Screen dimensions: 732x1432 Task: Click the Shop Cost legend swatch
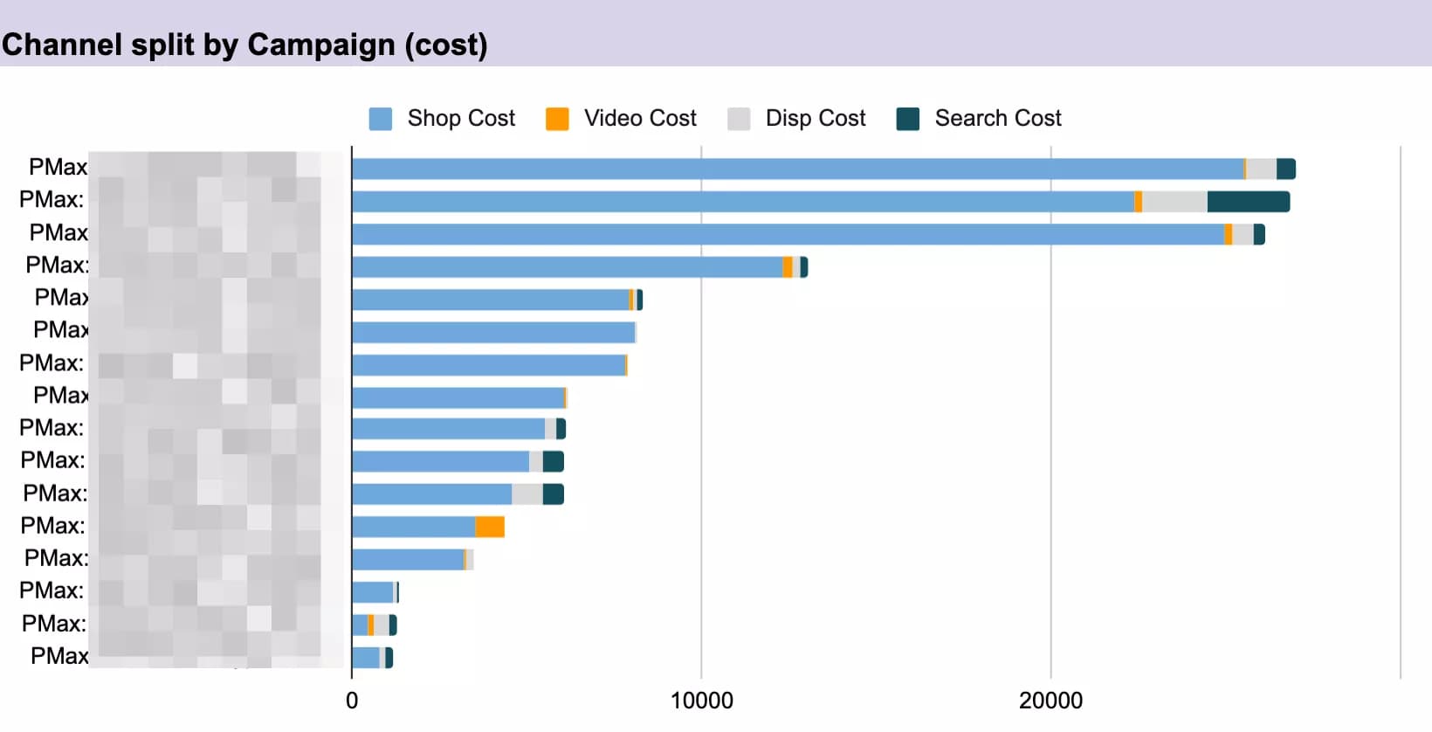(x=380, y=119)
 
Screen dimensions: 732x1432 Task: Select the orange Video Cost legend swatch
(x=557, y=119)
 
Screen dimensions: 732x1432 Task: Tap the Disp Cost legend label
(x=815, y=118)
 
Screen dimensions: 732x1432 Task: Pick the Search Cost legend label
(x=997, y=118)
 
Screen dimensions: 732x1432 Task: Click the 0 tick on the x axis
(x=352, y=701)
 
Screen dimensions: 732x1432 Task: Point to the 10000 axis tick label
(x=701, y=701)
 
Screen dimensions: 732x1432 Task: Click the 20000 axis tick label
(x=1050, y=701)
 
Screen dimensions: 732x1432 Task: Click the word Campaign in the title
(x=321, y=45)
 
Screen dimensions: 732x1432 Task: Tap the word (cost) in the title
(x=446, y=45)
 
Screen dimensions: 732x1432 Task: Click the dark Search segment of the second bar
(x=1248, y=202)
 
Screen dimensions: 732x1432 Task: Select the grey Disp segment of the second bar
(x=1174, y=202)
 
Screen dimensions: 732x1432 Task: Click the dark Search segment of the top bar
(x=1285, y=169)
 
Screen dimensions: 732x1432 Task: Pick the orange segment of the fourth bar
(x=788, y=267)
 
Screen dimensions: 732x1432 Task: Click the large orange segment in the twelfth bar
(x=490, y=527)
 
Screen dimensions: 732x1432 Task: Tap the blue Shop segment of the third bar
(x=786, y=234)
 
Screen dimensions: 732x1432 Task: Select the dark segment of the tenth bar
(x=553, y=462)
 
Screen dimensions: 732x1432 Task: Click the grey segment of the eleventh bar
(x=527, y=494)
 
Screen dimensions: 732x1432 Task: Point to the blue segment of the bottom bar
(x=366, y=658)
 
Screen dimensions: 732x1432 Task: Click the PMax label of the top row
(x=58, y=167)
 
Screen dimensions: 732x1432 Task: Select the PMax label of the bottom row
(x=59, y=656)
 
